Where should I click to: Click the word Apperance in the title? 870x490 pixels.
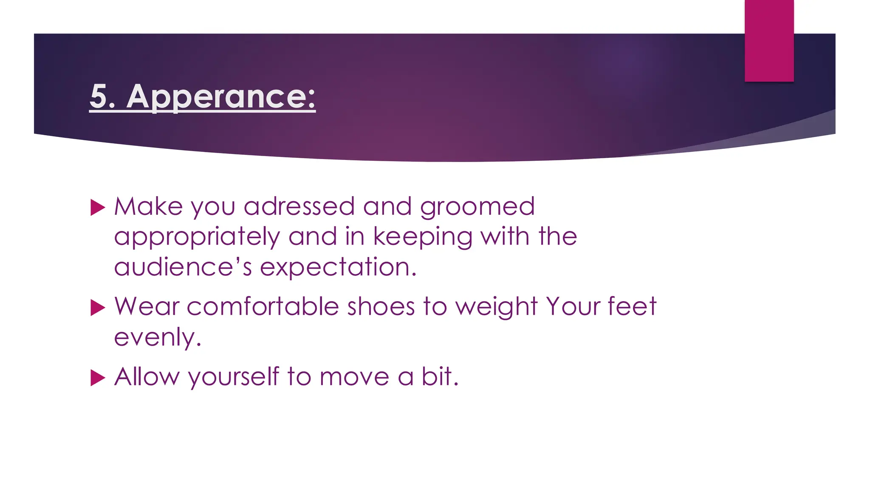click(x=221, y=97)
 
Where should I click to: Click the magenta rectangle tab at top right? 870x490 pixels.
click(x=769, y=40)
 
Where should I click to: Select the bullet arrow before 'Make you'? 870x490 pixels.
click(x=98, y=208)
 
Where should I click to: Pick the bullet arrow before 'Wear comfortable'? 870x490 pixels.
click(x=98, y=308)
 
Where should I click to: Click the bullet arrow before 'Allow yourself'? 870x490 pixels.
click(x=98, y=378)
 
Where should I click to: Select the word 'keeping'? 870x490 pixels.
click(x=423, y=237)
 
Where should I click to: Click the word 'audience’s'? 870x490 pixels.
click(x=183, y=267)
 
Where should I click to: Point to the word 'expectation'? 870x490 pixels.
click(x=338, y=268)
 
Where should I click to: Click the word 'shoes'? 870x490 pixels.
click(x=381, y=307)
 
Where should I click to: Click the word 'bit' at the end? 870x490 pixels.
click(x=438, y=376)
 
